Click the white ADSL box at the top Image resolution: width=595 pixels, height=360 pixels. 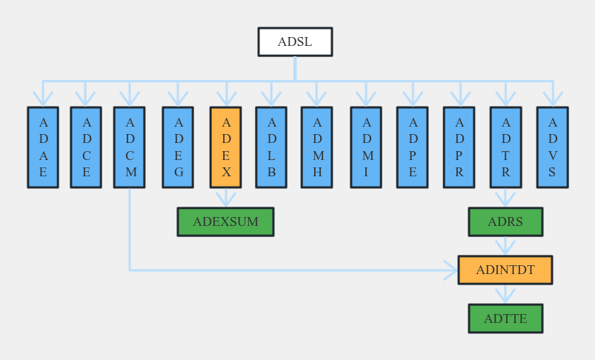(x=295, y=42)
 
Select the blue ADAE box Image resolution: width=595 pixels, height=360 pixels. (x=43, y=147)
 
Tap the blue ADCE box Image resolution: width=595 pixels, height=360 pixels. (x=86, y=147)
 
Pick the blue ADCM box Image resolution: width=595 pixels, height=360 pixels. (x=130, y=147)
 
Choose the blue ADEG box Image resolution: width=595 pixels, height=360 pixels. (x=178, y=147)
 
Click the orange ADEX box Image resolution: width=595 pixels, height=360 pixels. (x=226, y=147)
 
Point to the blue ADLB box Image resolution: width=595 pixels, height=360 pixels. (x=271, y=147)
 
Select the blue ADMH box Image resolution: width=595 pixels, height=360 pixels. (x=317, y=147)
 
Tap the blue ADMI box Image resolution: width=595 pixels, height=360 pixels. (x=366, y=147)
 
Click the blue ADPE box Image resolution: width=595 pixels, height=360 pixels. (x=412, y=147)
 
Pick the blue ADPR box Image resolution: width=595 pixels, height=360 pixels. (x=459, y=147)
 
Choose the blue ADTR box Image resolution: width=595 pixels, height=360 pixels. (x=505, y=147)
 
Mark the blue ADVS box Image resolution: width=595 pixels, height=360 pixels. (x=552, y=147)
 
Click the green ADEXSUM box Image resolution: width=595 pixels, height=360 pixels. (x=225, y=221)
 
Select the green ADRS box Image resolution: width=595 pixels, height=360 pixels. (x=505, y=221)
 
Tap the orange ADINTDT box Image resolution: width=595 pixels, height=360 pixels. (x=505, y=270)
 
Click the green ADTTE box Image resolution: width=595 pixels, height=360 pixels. (x=505, y=319)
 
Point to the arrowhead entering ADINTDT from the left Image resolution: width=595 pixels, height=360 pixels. (x=451, y=270)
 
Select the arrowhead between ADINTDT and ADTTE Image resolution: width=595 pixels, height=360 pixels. (x=505, y=296)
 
